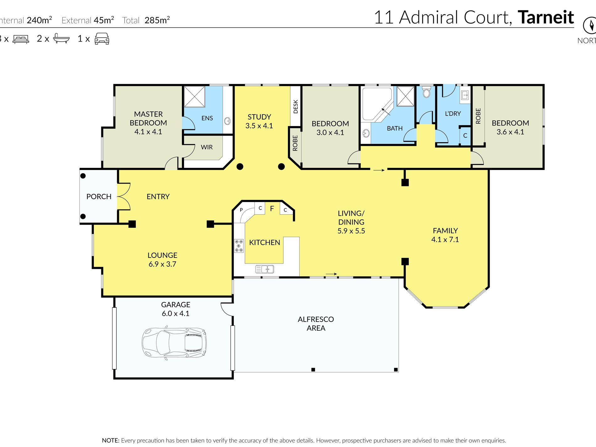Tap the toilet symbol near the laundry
[x=426, y=91]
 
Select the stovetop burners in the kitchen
[x=239, y=246]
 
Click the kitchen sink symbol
[x=264, y=269]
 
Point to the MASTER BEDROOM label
[x=148, y=119]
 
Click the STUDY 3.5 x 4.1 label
[x=259, y=121]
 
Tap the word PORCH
[x=99, y=197]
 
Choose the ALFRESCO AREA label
[x=316, y=324]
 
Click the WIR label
[x=207, y=147]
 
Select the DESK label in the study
[x=295, y=107]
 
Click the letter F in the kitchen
[x=272, y=209]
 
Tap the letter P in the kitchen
[x=241, y=210]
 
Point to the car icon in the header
[x=102, y=39]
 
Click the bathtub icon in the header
[x=61, y=38]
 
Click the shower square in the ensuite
[x=194, y=97]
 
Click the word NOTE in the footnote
[x=110, y=440]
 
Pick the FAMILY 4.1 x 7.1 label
[x=445, y=235]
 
